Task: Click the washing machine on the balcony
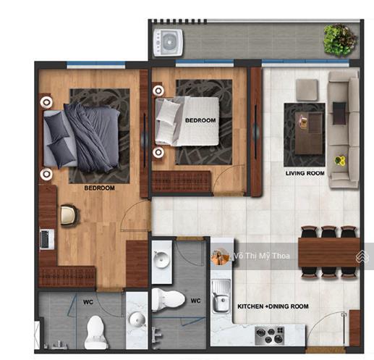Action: [x=168, y=43]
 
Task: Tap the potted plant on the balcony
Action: [x=340, y=40]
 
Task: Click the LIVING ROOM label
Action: [x=305, y=173]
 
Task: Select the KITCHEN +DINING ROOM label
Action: [x=273, y=306]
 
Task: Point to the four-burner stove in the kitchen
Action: [x=270, y=335]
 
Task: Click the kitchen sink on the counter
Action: [x=221, y=296]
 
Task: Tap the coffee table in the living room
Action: [x=309, y=133]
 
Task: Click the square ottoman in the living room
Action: [x=307, y=90]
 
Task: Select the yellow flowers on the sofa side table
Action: [x=340, y=160]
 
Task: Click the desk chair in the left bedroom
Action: [x=69, y=215]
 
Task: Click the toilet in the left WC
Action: [x=95, y=332]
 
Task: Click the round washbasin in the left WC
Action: [x=137, y=319]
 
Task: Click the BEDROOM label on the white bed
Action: [x=200, y=120]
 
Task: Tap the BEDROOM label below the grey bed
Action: [x=99, y=188]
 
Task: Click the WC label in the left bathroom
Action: [x=88, y=302]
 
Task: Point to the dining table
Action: [x=329, y=252]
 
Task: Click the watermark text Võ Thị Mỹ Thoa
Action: [x=262, y=256]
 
